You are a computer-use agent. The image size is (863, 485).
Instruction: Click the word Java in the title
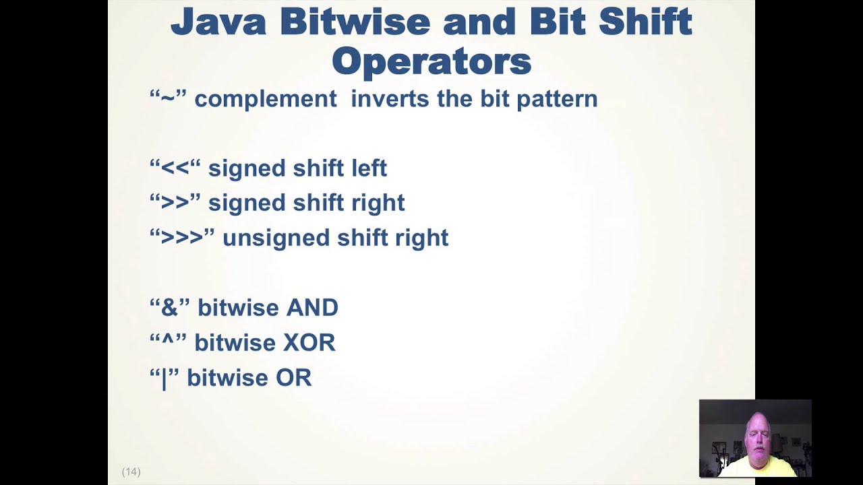click(x=218, y=22)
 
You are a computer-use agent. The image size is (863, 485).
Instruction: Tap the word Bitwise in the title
click(x=355, y=22)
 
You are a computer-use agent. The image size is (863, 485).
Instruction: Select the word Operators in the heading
click(x=431, y=62)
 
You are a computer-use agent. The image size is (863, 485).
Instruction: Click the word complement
click(x=266, y=99)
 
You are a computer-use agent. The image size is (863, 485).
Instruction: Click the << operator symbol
click(x=175, y=168)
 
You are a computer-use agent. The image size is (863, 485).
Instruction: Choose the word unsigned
click(x=276, y=238)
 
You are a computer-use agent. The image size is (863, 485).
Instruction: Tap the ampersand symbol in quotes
click(x=169, y=308)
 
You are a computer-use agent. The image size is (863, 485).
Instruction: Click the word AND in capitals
click(x=312, y=308)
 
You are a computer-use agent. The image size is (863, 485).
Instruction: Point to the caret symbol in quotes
click(x=168, y=341)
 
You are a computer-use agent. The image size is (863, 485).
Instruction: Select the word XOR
click(x=309, y=343)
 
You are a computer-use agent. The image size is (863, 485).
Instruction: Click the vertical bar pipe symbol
click(x=164, y=379)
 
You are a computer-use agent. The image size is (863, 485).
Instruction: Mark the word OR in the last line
click(x=293, y=378)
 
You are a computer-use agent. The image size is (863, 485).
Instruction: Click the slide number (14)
click(x=131, y=472)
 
